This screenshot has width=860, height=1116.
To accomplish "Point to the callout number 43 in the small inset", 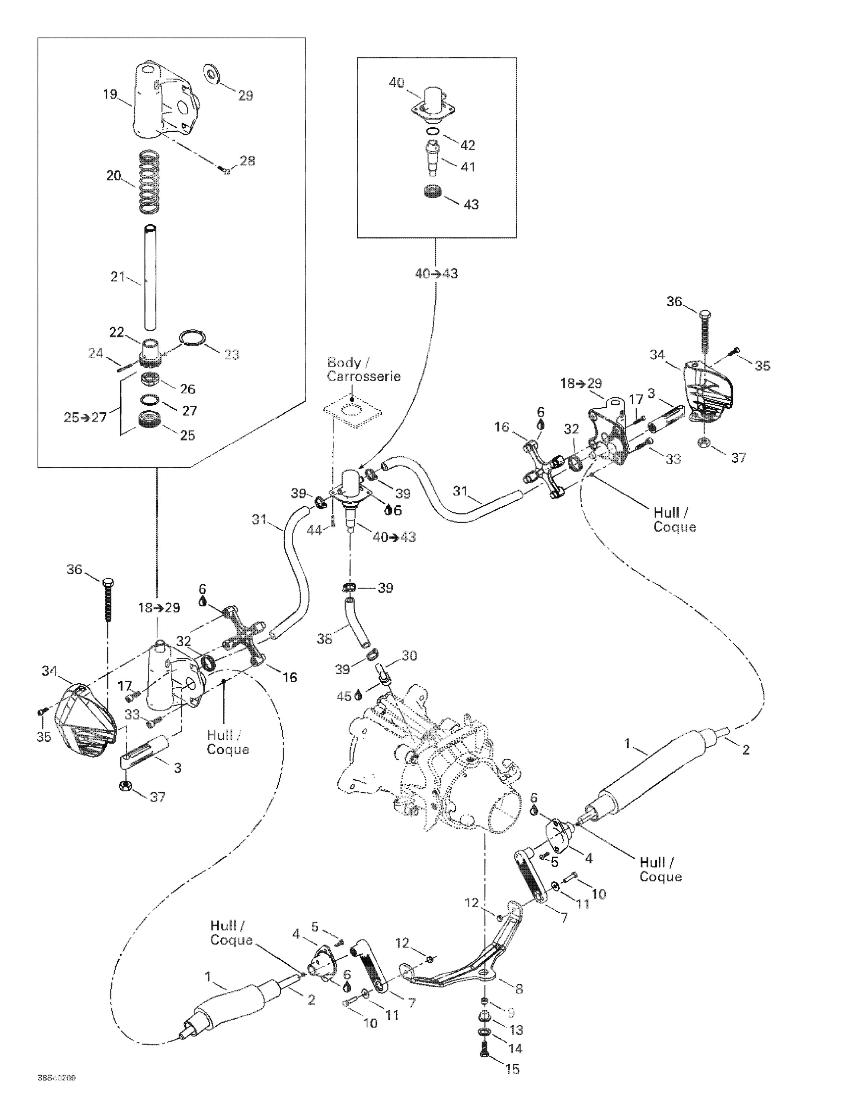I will point(470,204).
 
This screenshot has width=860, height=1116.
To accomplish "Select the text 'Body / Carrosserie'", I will point(364,369).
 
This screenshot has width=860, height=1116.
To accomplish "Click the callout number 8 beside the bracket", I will point(519,989).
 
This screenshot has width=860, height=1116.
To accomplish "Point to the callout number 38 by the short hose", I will point(325,638).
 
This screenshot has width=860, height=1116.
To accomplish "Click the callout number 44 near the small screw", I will point(314,531).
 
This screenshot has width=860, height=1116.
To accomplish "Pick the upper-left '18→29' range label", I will point(159,607).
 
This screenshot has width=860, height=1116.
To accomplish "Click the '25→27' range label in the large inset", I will point(85,417).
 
